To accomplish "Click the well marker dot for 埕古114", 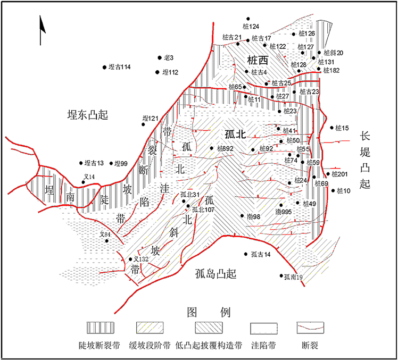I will pos(104,67).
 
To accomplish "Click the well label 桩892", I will pos(225,149).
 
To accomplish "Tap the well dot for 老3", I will pos(159,57).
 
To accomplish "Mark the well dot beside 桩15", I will pos(332,128).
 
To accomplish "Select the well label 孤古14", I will pos(261,255).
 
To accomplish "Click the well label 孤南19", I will pos(293,277).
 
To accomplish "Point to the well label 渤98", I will pos(253,216).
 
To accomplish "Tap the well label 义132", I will pos(141,258).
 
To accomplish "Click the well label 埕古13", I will pos(94,163).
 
